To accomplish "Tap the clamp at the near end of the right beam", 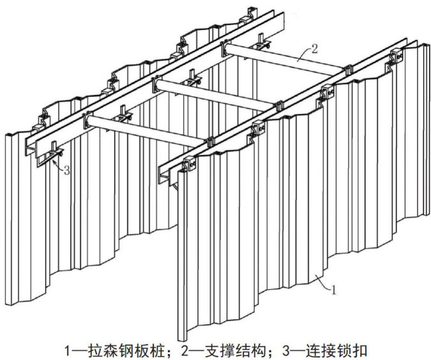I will click(x=190, y=164).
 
